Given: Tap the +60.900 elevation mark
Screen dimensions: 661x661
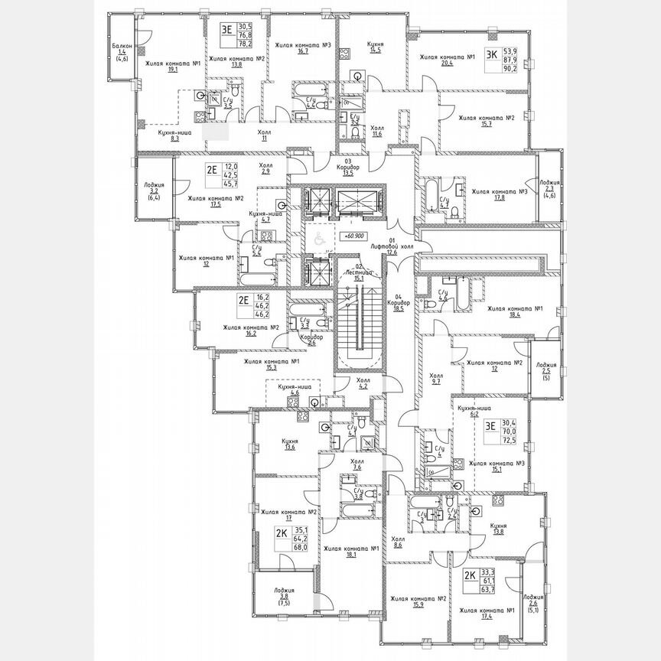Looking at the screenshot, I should pyautogui.click(x=353, y=237).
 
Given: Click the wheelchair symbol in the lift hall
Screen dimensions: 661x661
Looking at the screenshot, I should pyautogui.click(x=314, y=239).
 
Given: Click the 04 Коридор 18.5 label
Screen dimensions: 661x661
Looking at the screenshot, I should pyautogui.click(x=397, y=302).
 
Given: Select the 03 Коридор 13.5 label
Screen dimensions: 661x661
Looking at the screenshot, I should pyautogui.click(x=347, y=168).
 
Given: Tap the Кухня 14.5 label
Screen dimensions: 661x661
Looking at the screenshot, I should pyautogui.click(x=374, y=47).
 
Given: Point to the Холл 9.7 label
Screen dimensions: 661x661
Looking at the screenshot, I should pyautogui.click(x=436, y=379).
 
